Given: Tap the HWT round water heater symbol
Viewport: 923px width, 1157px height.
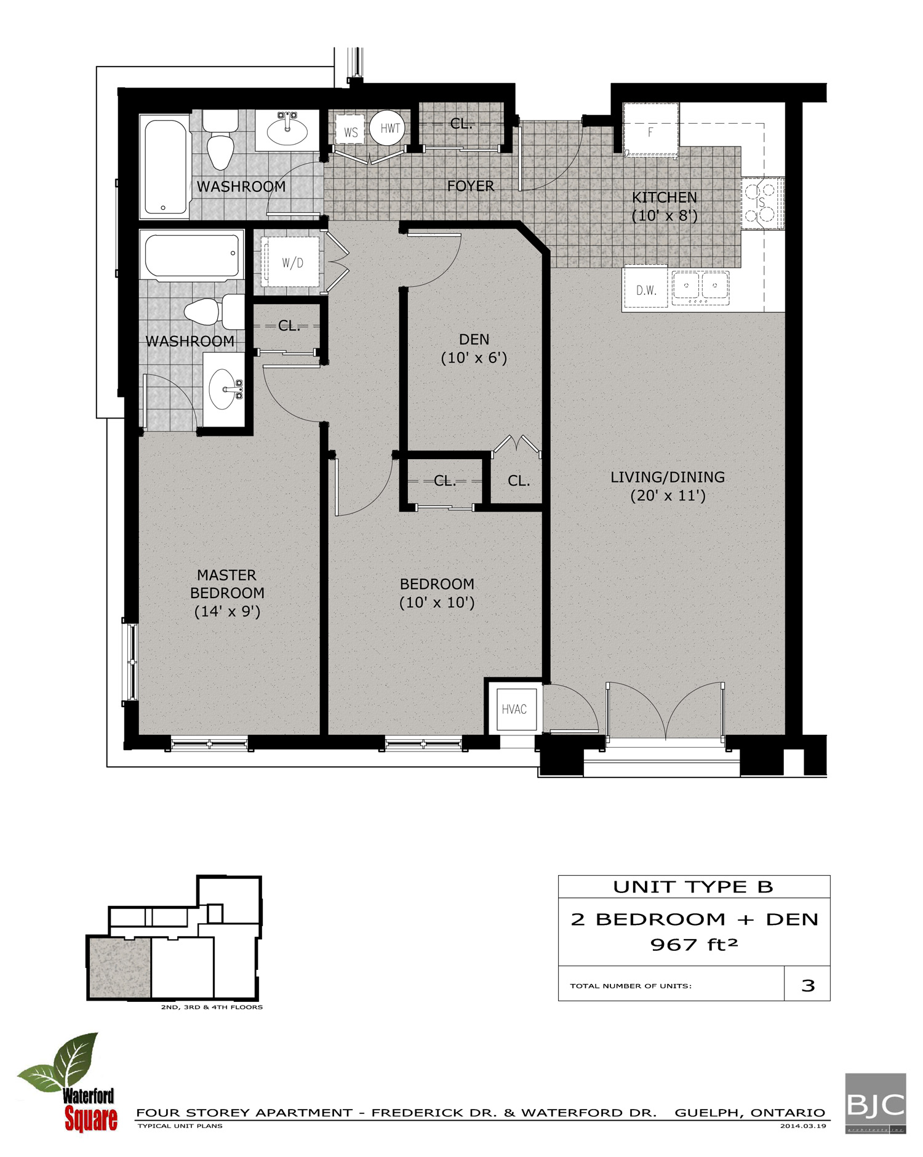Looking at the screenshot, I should tap(390, 128).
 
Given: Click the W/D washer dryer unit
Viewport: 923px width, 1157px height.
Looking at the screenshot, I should tap(292, 263).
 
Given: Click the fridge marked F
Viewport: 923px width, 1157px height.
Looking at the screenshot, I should tap(650, 131).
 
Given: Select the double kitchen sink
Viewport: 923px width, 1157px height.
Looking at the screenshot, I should tap(701, 287).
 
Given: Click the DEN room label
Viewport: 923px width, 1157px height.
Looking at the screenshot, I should tap(474, 340).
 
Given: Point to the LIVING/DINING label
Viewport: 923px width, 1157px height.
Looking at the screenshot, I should tap(668, 477).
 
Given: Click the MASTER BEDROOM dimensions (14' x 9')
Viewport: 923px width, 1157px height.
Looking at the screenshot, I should tap(227, 611).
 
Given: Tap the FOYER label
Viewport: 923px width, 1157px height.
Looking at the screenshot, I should tap(471, 186).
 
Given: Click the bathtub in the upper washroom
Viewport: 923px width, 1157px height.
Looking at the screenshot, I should tap(164, 166).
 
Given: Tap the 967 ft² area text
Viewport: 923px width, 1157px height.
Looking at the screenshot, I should tap(693, 945).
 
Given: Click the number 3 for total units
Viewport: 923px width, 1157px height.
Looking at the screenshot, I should tap(808, 985).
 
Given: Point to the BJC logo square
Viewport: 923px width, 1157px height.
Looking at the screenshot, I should tap(875, 1103).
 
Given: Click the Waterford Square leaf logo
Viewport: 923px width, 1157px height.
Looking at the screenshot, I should tap(68, 1083).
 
